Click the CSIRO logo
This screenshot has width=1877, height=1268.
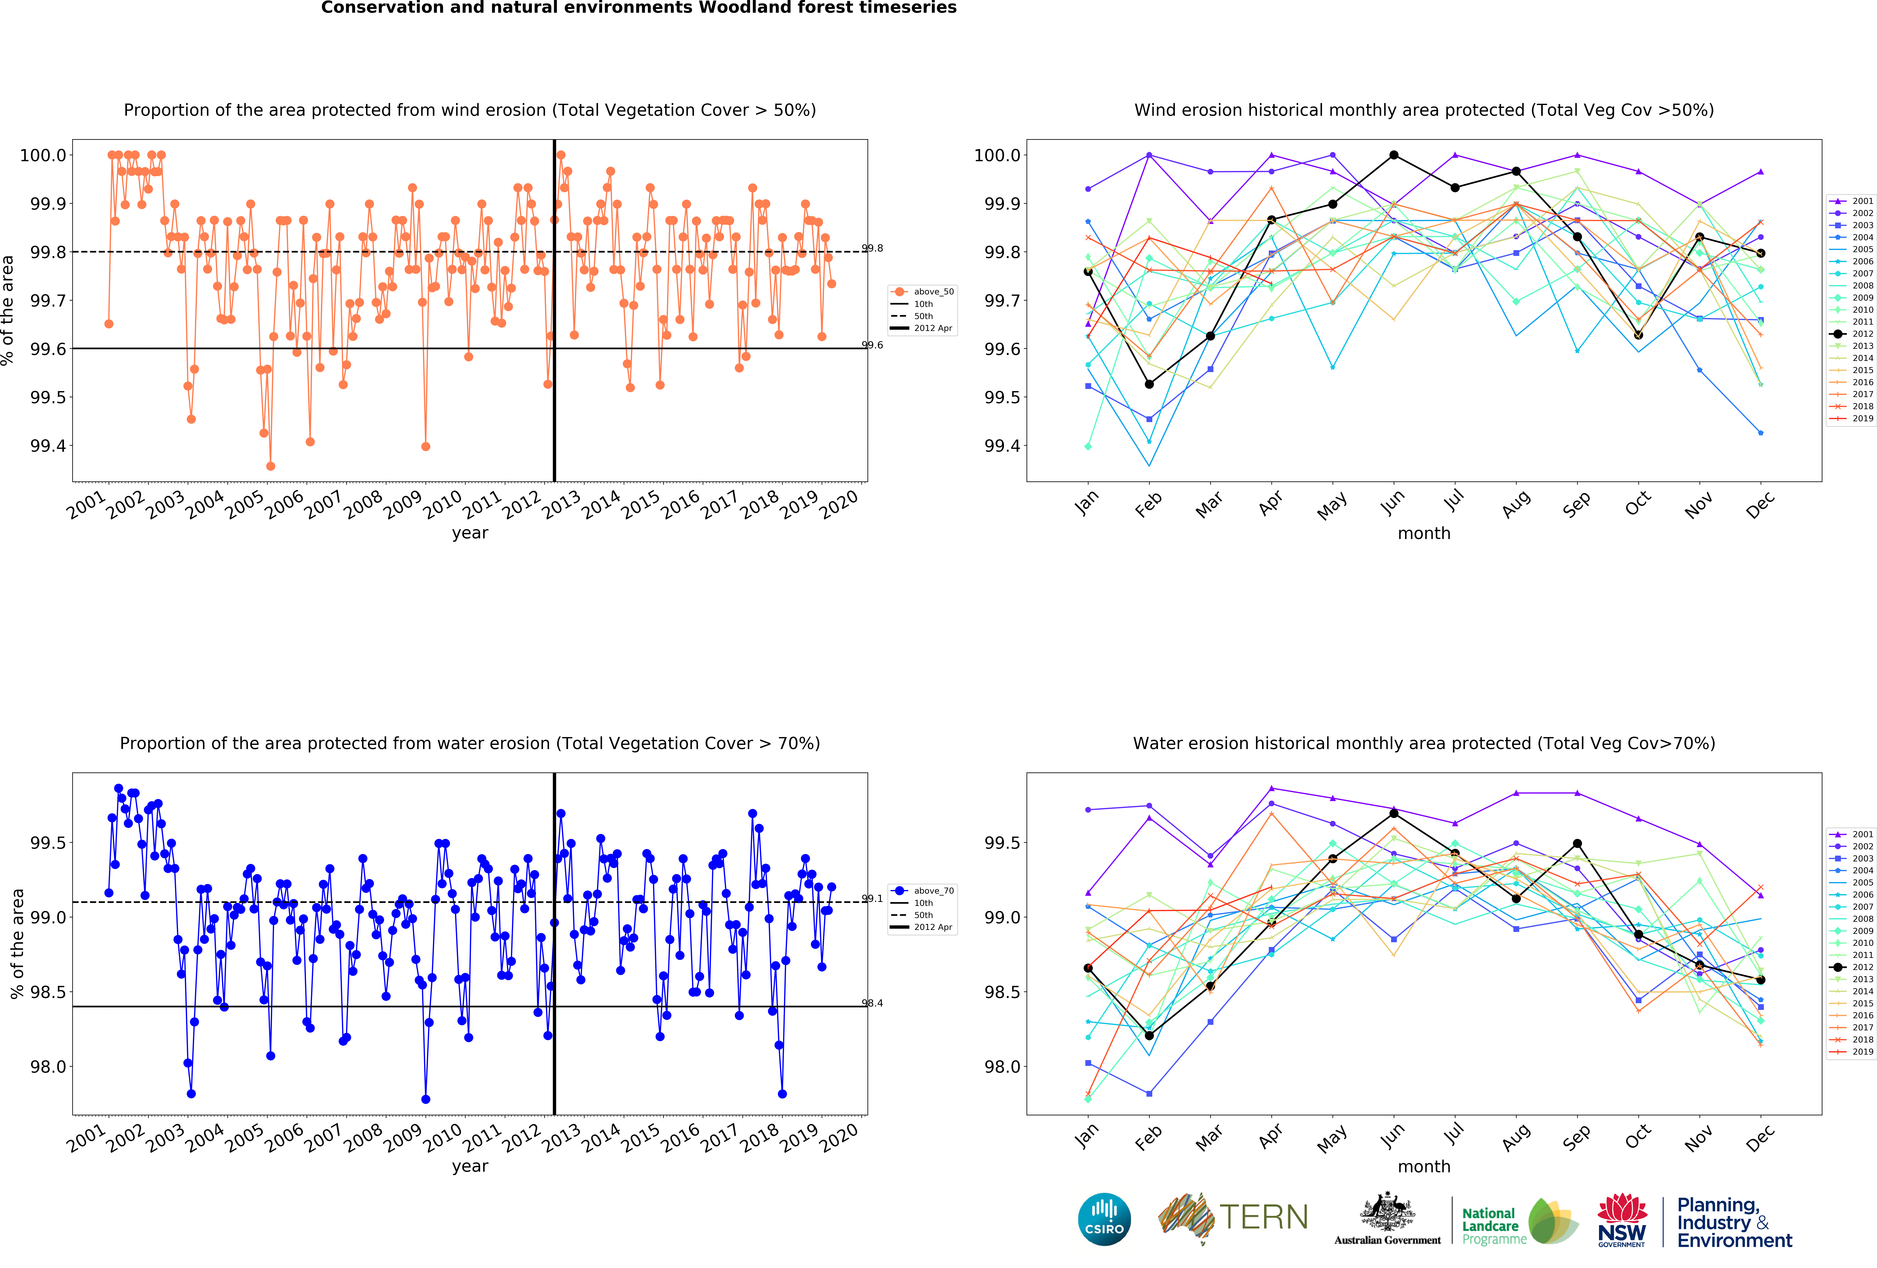(x=1104, y=1219)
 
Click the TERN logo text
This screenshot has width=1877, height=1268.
(x=1264, y=1217)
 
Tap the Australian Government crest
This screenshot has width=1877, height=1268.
(x=1387, y=1211)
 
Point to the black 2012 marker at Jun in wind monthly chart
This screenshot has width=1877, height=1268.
(x=1394, y=155)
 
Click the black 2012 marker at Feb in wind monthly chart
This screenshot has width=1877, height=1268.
(x=1149, y=384)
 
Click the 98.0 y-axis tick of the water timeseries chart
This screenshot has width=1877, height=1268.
(x=48, y=1067)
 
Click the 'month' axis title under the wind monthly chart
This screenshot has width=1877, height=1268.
(x=1424, y=534)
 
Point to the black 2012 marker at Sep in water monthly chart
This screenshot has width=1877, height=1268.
(x=1577, y=844)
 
